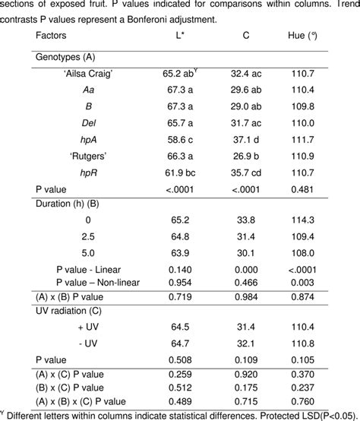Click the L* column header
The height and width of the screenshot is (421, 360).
(x=178, y=35)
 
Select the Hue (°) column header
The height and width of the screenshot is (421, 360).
(x=303, y=35)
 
